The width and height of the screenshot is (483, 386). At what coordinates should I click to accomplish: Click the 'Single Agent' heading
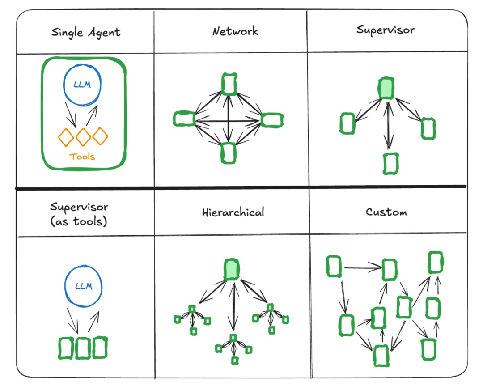(x=86, y=32)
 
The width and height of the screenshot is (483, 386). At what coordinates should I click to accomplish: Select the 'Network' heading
(x=235, y=31)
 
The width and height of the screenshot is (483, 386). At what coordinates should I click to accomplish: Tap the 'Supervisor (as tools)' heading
(x=79, y=214)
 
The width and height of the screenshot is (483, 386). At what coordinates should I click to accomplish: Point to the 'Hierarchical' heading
(x=233, y=212)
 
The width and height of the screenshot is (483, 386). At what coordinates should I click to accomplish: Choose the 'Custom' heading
(x=386, y=212)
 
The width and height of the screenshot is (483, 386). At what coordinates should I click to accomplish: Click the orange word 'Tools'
(x=82, y=157)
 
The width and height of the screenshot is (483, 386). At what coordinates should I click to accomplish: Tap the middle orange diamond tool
(x=83, y=137)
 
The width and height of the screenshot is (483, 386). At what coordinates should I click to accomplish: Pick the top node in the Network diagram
(x=229, y=84)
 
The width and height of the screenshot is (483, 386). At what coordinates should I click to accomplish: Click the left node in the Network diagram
(x=184, y=119)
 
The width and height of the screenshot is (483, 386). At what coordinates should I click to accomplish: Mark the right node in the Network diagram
(x=272, y=119)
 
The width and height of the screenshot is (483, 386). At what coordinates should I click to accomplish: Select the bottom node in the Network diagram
(x=228, y=153)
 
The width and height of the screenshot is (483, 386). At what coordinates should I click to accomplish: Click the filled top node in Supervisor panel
(x=386, y=88)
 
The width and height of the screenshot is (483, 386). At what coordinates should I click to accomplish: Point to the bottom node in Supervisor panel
(x=390, y=163)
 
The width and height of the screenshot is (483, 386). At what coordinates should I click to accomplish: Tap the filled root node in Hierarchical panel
(x=231, y=269)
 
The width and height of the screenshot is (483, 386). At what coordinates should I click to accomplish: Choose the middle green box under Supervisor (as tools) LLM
(x=83, y=348)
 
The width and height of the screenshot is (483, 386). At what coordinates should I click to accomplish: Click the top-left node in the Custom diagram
(x=334, y=267)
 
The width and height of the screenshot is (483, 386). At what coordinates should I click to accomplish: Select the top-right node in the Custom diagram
(x=435, y=262)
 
